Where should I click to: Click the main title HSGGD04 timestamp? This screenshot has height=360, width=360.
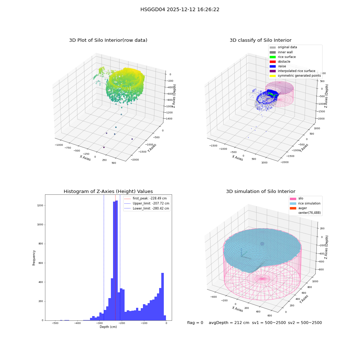pyautogui.click(x=180, y=10)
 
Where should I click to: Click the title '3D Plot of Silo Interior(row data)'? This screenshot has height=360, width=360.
pyautogui.click(x=108, y=40)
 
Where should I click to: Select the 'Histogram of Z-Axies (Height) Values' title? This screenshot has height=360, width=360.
pyautogui.click(x=108, y=192)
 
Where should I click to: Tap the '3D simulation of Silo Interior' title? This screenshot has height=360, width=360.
pyautogui.click(x=261, y=192)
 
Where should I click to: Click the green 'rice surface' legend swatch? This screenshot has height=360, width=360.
pyautogui.click(x=273, y=57)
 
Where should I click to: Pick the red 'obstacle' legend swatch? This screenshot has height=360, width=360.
pyautogui.click(x=273, y=62)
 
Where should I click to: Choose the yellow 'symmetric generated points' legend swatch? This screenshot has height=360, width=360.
pyautogui.click(x=273, y=76)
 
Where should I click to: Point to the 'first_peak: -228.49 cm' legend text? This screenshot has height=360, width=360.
pyautogui.click(x=150, y=198)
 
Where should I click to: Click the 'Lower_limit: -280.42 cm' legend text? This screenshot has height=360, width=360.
pyautogui.click(x=151, y=208)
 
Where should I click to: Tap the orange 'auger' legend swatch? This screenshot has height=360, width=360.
pyautogui.click(x=293, y=208)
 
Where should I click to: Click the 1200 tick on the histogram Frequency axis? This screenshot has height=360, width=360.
pyautogui.click(x=40, y=206)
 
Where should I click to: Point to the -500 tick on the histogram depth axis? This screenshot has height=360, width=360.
pyautogui.click(x=55, y=323)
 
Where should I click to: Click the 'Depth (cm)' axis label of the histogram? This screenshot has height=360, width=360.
pyautogui.click(x=108, y=327)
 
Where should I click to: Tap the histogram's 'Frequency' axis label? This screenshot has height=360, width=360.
pyautogui.click(x=34, y=258)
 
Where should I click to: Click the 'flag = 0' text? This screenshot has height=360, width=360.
pyautogui.click(x=195, y=323)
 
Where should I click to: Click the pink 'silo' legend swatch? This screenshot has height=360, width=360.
pyautogui.click(x=293, y=199)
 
